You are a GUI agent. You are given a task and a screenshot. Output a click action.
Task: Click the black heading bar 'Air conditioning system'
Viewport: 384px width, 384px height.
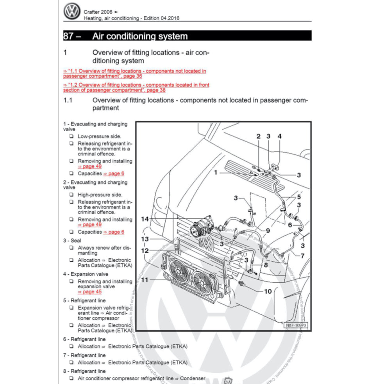(187, 36)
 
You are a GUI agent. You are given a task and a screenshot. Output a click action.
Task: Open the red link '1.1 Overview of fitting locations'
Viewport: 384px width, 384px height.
(135, 73)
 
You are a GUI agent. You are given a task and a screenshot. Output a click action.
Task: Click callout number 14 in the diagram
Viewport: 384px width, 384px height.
(145, 219)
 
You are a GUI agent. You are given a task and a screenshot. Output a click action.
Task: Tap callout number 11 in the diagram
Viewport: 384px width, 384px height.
(145, 280)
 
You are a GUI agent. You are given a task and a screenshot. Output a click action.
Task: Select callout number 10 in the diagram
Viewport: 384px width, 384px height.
(268, 291)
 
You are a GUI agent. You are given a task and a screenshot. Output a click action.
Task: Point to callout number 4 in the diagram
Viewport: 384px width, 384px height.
(279, 136)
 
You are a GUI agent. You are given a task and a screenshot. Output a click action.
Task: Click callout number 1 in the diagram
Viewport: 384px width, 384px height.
(215, 172)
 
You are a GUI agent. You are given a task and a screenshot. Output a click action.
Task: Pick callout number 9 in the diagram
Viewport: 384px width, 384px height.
(268, 230)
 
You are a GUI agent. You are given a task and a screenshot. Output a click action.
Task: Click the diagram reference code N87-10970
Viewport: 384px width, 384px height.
(296, 325)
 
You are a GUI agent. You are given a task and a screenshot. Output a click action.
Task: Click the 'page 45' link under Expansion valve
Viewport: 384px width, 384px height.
(89, 291)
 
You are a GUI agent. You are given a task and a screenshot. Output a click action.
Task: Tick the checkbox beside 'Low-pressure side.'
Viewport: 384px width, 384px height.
(71, 136)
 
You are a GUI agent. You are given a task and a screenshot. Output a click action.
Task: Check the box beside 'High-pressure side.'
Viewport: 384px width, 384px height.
(71, 195)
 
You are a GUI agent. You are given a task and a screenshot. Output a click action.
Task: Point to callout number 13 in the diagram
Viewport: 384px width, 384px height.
(145, 239)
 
